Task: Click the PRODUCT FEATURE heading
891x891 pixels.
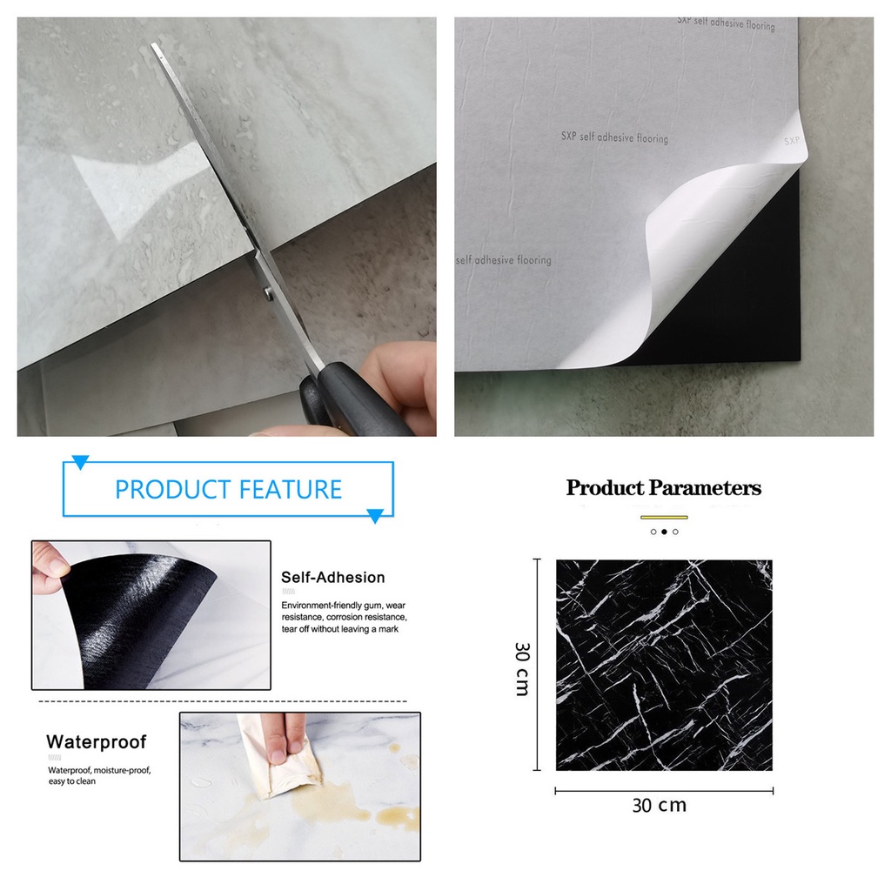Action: (228, 489)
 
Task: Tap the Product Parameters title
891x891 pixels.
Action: (663, 488)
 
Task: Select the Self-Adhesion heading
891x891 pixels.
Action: (332, 578)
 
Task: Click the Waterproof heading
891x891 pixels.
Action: (96, 742)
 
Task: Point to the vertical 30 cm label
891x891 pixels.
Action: (522, 668)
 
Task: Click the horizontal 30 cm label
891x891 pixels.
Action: (659, 806)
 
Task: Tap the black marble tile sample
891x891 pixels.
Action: (664, 665)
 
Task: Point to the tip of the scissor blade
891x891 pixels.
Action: (154, 47)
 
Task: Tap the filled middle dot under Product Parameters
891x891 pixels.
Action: (664, 532)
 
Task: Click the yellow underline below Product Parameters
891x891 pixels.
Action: (664, 517)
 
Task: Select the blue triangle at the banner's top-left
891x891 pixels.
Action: (80, 462)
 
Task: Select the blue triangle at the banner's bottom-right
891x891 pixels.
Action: (375, 516)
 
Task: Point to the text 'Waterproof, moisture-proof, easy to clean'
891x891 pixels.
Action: (99, 775)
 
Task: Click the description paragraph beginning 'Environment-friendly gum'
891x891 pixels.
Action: (344, 616)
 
